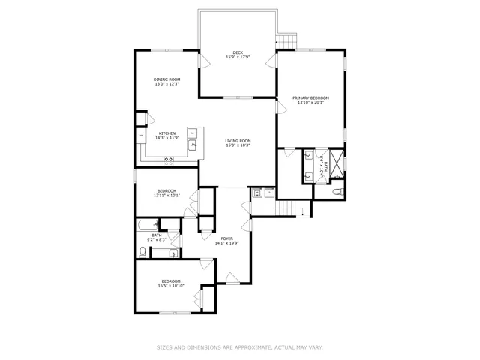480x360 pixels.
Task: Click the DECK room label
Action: click(x=238, y=52)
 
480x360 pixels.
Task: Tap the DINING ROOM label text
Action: click(x=166, y=79)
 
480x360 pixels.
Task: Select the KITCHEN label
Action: click(x=166, y=133)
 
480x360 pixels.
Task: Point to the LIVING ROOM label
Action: click(x=238, y=141)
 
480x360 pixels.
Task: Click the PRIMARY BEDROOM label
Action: click(x=310, y=98)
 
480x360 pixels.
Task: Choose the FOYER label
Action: click(x=226, y=238)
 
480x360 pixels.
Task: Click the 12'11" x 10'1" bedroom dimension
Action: click(x=166, y=196)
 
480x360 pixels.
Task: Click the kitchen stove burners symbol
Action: click(x=169, y=159)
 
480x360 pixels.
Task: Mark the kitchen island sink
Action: click(x=192, y=145)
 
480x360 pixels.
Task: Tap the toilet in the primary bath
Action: click(x=337, y=193)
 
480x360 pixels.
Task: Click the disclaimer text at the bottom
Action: click(x=239, y=347)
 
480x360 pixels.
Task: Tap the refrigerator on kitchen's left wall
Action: click(x=141, y=135)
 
